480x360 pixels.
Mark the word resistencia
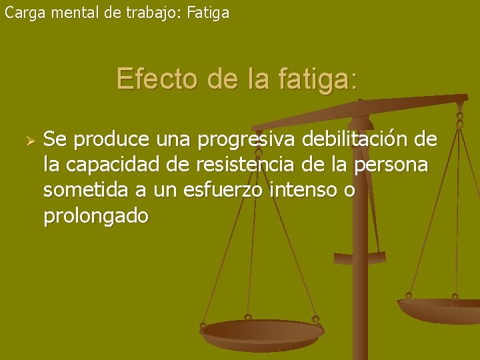pyautogui.click(x=239, y=166)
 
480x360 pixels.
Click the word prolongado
pyautogui.click(x=95, y=217)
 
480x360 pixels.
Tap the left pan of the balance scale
pyautogui.click(x=262, y=332)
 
